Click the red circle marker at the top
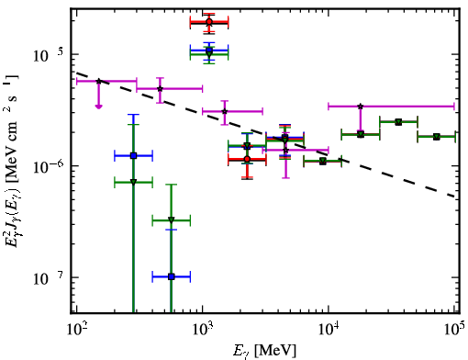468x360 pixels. (209, 22)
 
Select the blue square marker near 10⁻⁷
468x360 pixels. (172, 276)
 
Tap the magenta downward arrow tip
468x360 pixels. (98, 107)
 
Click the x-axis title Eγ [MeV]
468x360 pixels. (265, 351)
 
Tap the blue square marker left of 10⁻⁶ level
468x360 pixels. (133, 156)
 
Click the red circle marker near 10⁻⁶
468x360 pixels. (247, 159)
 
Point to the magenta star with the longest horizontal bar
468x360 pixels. (361, 107)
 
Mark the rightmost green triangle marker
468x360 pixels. (437, 137)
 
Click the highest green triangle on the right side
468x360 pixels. (398, 122)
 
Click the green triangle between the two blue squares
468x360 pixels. (172, 219)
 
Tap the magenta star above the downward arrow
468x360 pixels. (98, 81)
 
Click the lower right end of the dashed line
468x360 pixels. (455, 197)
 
